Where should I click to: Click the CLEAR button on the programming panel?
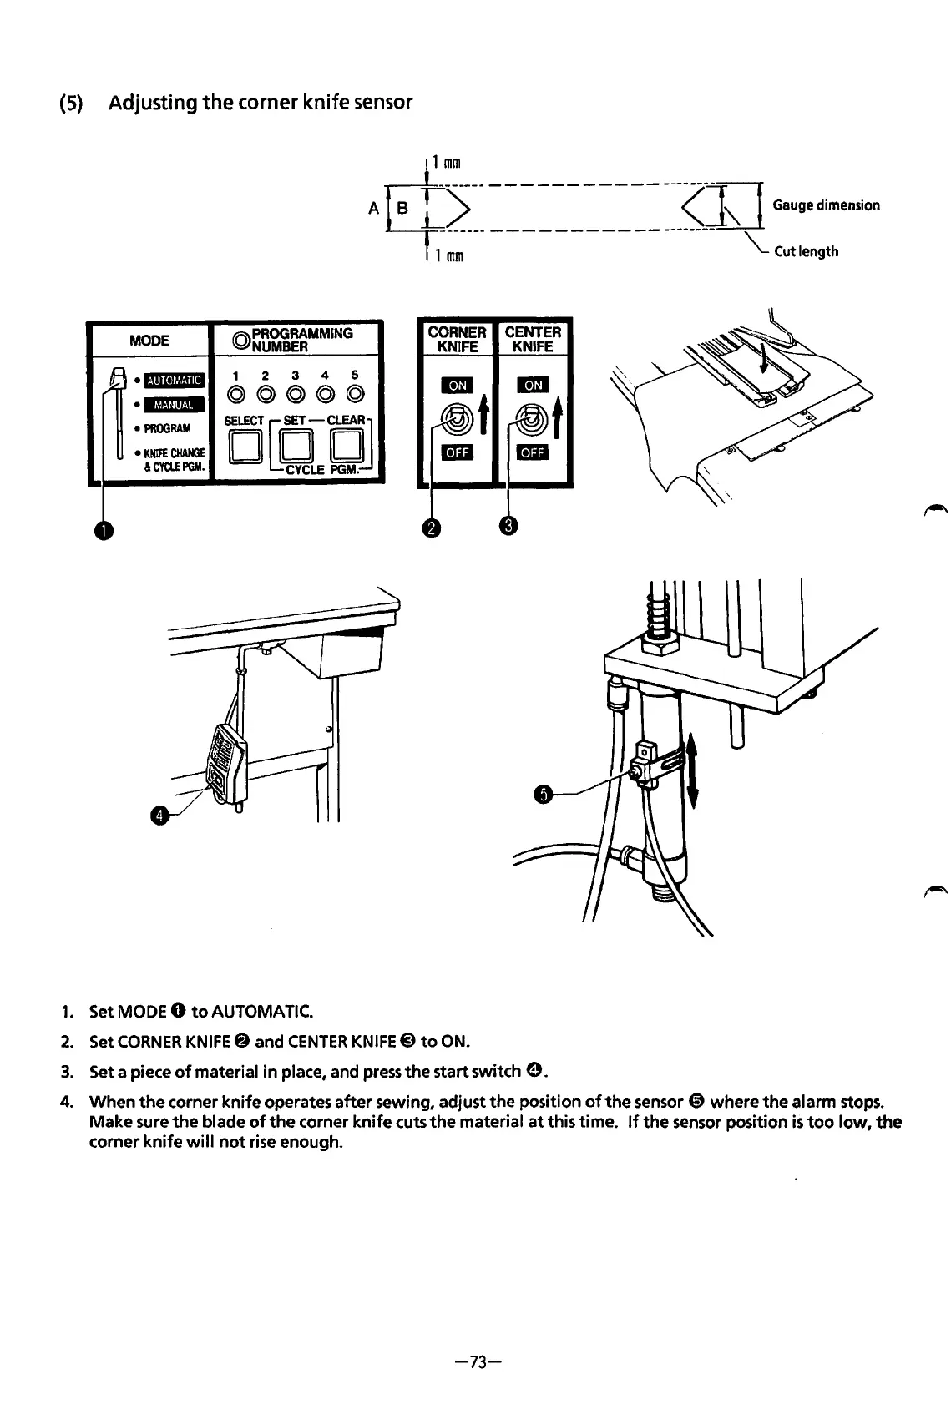[349, 449]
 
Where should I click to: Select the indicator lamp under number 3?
[296, 393]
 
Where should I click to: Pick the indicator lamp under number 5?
[355, 393]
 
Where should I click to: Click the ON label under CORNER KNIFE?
[458, 385]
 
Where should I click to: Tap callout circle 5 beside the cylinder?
[544, 794]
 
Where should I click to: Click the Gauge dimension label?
[826, 205]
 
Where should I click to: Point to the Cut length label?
[806, 251]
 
